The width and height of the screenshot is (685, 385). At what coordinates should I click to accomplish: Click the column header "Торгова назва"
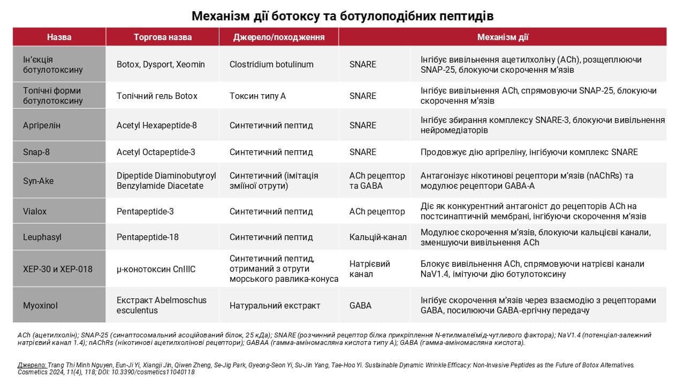point(162,37)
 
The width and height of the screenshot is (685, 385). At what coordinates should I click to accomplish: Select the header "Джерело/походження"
point(279,37)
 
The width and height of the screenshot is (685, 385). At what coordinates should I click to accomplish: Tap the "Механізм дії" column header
point(503,37)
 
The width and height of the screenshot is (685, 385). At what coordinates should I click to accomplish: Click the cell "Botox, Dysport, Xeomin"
point(161,64)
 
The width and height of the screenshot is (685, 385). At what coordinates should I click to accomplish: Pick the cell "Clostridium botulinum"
point(271,64)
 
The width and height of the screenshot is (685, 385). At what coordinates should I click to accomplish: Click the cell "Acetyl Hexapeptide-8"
point(156,125)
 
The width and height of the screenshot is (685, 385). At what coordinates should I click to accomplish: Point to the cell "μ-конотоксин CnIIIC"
point(156,269)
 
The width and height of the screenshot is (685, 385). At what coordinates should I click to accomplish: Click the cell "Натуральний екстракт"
point(275,305)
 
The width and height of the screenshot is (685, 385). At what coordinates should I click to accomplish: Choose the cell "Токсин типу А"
point(257,96)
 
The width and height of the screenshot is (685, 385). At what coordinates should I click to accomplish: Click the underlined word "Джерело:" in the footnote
point(32,365)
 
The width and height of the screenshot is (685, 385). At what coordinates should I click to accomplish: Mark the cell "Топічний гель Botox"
point(157,96)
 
